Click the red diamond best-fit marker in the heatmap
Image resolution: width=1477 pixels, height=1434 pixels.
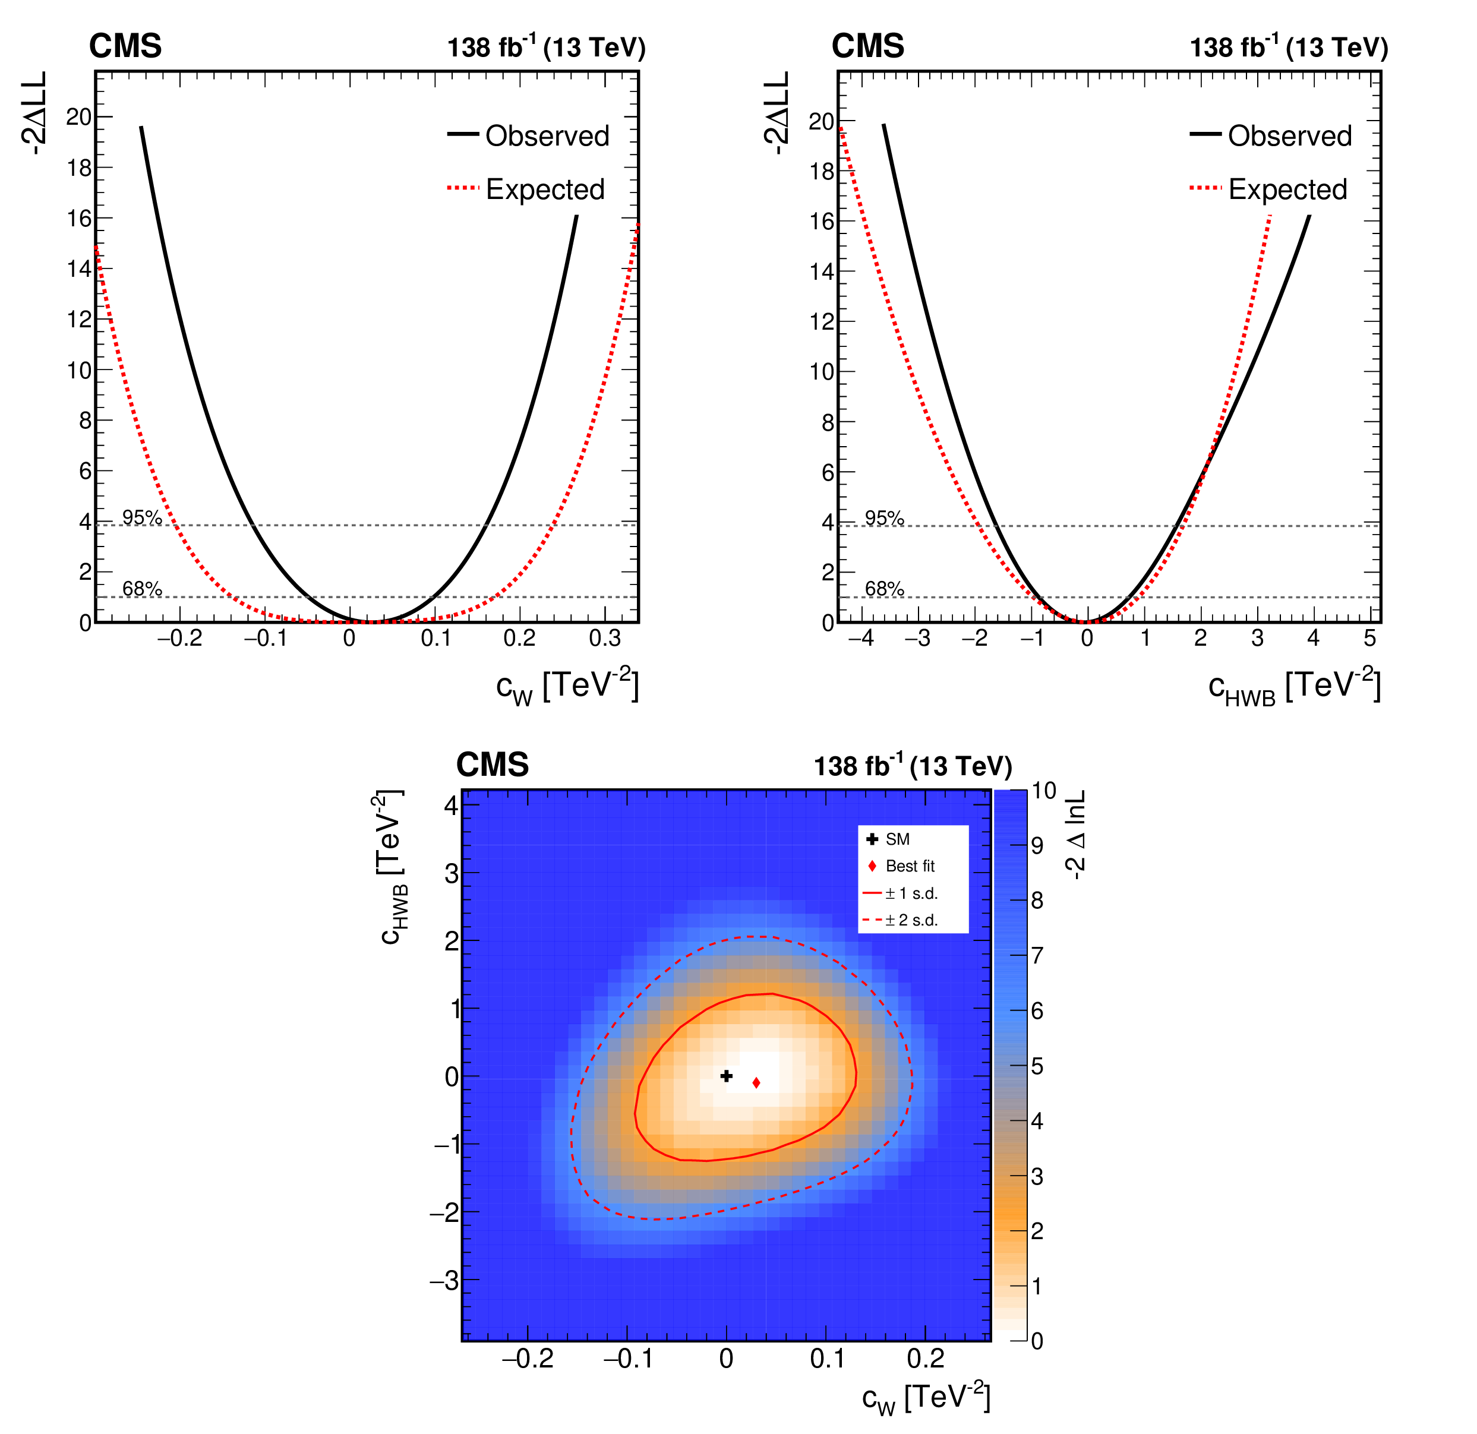pos(756,1083)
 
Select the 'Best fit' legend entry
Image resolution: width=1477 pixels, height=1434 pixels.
pos(910,866)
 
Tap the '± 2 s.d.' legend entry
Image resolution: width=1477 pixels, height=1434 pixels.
pos(911,920)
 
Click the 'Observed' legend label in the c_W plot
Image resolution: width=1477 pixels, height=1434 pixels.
pos(547,135)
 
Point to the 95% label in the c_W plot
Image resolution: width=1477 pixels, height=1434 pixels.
pos(141,517)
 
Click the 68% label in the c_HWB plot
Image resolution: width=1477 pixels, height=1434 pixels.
pos(884,589)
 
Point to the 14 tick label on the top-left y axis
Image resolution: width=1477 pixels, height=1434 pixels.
pos(79,269)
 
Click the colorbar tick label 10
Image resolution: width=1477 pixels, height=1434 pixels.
pos(1044,791)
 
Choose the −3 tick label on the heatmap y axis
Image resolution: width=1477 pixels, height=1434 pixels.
pos(444,1280)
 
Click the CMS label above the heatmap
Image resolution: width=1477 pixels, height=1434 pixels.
pos(492,765)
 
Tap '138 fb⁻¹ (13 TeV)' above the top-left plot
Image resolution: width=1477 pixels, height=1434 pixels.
pos(547,48)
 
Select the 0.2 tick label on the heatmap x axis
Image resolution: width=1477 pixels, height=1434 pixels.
pos(926,1359)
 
